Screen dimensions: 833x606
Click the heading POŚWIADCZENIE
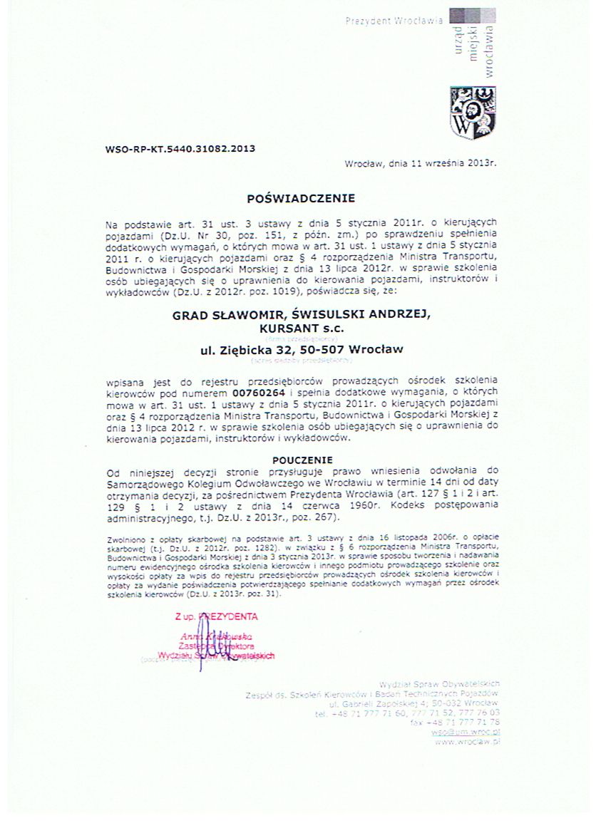click(x=300, y=196)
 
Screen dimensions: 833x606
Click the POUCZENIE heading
click(x=302, y=460)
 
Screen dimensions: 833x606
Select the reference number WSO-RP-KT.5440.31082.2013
click(x=169, y=149)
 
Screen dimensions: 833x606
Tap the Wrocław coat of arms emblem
click(x=472, y=112)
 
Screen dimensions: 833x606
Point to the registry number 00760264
click(x=260, y=393)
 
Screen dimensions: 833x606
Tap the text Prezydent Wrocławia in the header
click(x=394, y=22)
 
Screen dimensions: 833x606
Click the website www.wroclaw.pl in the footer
click(x=467, y=742)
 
